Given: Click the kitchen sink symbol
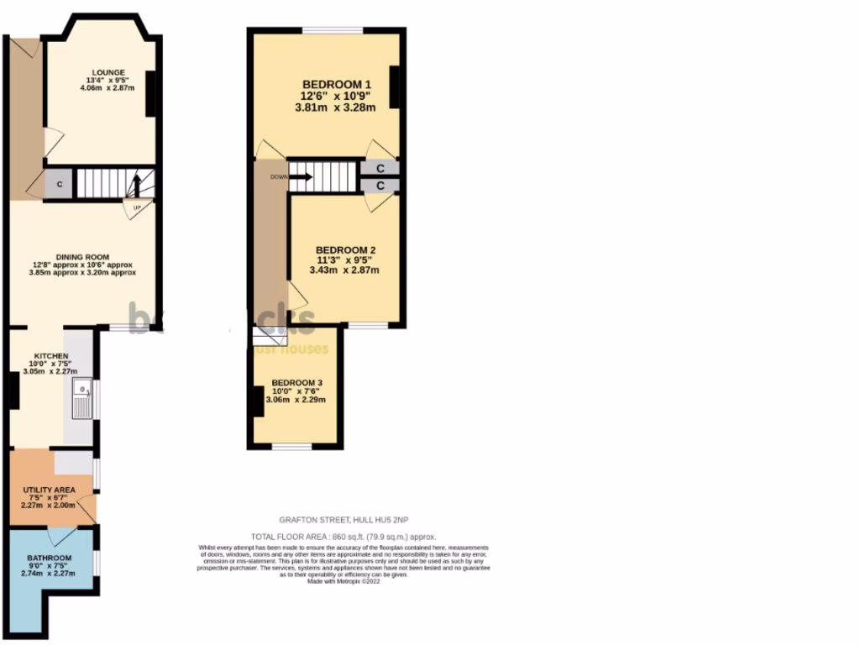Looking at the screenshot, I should pos(82,397).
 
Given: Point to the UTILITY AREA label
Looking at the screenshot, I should pos(49,489).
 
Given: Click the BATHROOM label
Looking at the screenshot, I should pos(49,558).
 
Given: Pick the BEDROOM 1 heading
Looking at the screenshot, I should pos(337,85).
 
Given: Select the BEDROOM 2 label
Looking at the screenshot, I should pos(345,250).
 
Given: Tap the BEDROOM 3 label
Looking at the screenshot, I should pos(296,382).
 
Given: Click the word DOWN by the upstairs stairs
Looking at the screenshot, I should pos(278,177).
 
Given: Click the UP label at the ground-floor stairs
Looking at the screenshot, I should pos(136,207).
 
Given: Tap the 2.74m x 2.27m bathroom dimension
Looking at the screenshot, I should pos(49,574).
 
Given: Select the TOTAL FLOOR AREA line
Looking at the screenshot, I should pos(343,537).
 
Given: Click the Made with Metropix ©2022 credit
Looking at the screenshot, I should pos(343,581).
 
